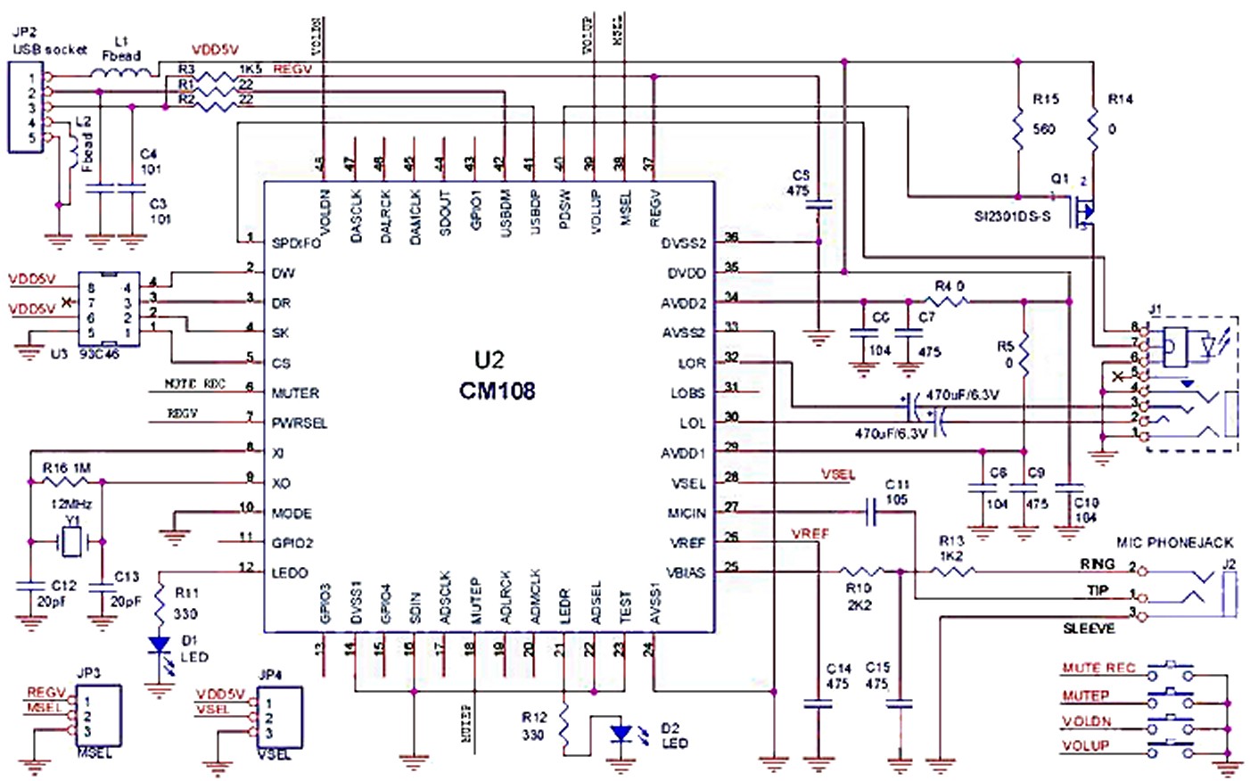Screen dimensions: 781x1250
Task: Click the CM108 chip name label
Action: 497,390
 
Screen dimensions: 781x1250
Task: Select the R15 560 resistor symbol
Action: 1017,129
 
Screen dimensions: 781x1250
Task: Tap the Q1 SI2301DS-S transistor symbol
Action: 1082,212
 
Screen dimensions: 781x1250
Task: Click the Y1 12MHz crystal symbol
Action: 67,540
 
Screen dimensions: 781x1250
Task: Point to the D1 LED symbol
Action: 160,644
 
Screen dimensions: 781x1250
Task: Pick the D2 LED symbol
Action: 621,734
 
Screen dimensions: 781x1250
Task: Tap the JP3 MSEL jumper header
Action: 98,718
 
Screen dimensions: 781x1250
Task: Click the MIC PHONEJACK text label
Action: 1174,542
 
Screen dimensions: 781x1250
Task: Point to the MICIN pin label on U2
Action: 687,513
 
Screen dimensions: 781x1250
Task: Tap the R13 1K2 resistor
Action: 951,571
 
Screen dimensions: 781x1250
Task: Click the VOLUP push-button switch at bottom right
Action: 1170,746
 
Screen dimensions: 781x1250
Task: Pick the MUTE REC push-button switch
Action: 1170,669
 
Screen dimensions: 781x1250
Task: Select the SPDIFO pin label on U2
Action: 296,243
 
